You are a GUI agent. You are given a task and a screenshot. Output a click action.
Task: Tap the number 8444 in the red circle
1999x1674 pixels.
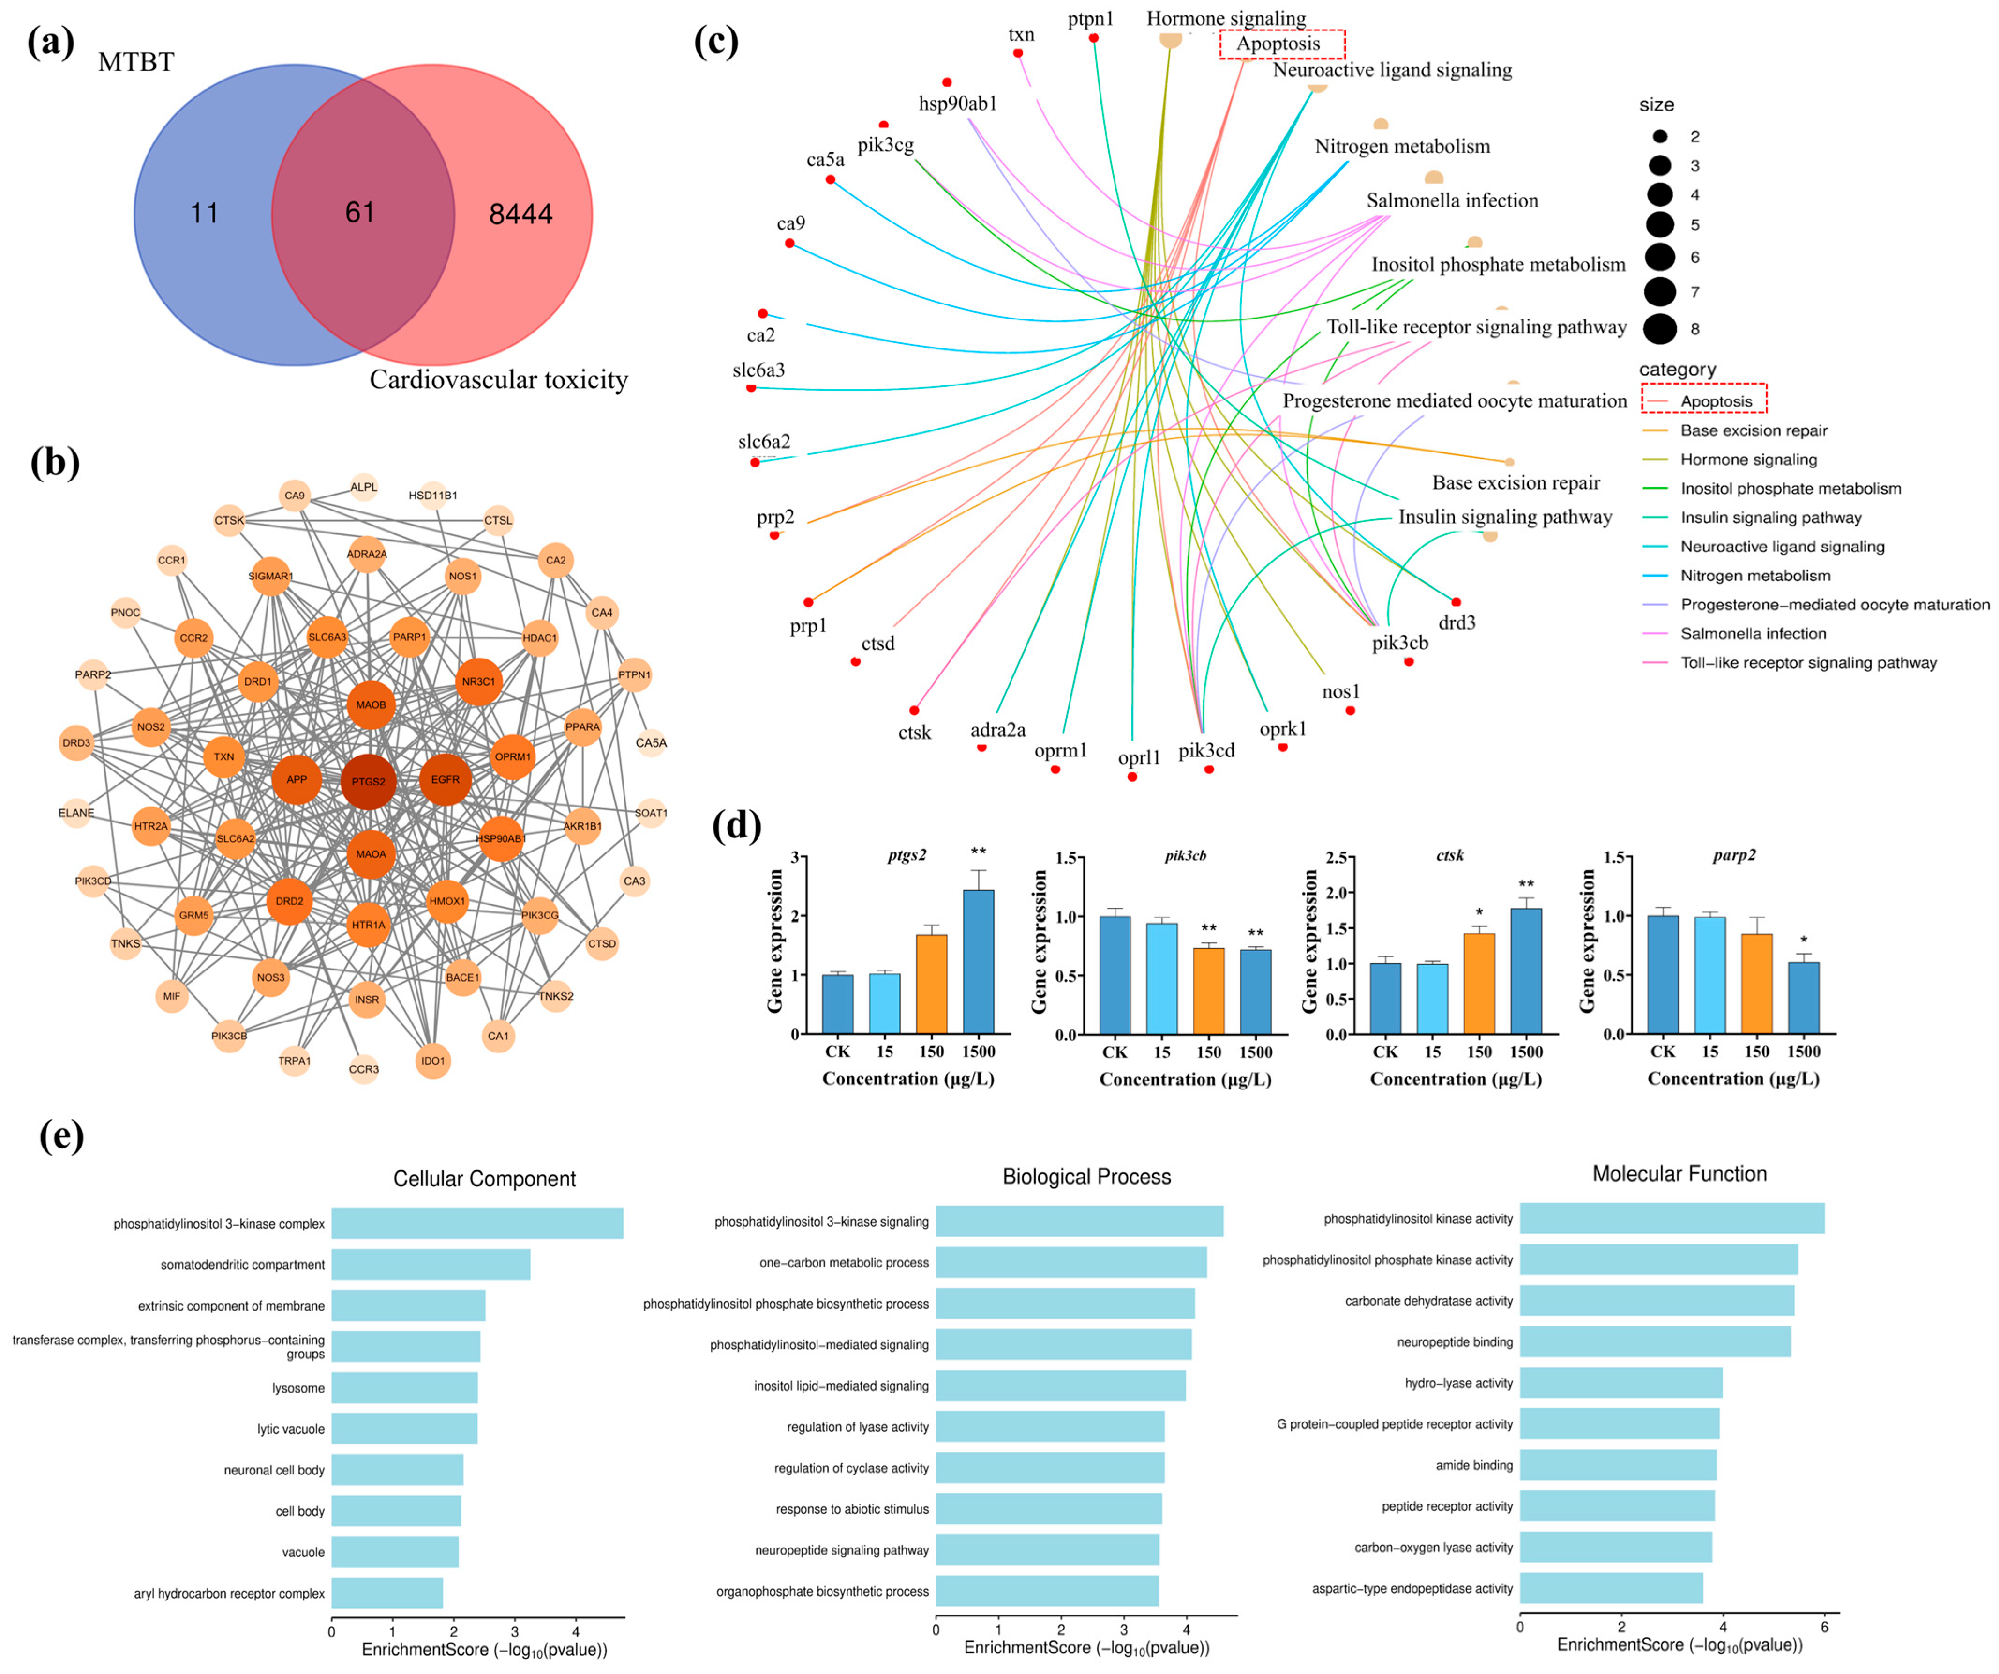tap(520, 214)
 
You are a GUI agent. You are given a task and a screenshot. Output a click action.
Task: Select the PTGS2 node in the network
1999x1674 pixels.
tap(368, 781)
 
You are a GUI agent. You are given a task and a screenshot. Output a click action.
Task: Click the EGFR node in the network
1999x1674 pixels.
tap(446, 779)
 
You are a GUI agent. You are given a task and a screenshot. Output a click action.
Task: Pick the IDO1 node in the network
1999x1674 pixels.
tap(433, 1060)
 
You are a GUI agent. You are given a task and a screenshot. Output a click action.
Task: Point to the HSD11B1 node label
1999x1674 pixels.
tap(433, 495)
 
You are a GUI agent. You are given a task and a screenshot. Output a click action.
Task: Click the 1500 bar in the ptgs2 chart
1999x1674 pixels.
tap(979, 961)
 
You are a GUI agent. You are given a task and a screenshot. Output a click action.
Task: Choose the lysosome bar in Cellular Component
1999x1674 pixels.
tap(405, 1387)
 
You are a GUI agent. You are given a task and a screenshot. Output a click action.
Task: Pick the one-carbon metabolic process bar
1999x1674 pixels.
tap(1071, 1263)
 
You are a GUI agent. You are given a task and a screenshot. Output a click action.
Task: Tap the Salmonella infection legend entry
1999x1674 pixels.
tap(1754, 634)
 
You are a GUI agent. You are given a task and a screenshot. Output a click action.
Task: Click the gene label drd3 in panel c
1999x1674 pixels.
tap(1457, 622)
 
